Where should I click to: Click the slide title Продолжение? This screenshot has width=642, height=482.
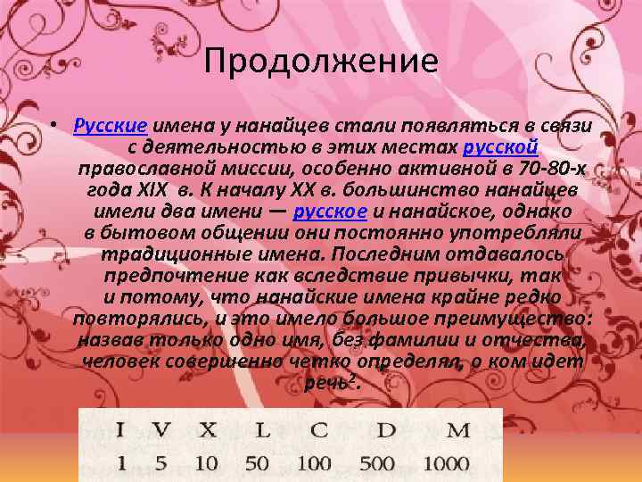[320, 62]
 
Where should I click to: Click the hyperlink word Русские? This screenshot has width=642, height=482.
[110, 124]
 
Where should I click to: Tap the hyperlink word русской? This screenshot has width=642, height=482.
[499, 146]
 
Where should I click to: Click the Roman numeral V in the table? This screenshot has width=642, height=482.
[160, 430]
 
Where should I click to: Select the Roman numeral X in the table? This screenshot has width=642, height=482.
[207, 430]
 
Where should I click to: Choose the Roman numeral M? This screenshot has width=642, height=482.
[457, 430]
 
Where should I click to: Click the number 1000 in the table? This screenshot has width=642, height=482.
[448, 463]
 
